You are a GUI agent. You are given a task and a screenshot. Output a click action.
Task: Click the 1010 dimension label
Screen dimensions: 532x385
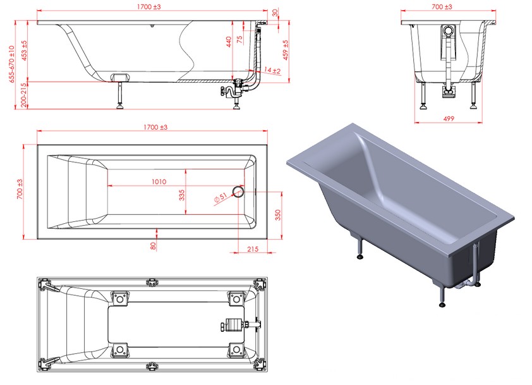point(159,181)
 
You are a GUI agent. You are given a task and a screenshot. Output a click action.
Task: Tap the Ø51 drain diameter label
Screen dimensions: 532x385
point(221,199)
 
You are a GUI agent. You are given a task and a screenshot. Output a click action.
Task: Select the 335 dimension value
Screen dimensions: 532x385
point(182,195)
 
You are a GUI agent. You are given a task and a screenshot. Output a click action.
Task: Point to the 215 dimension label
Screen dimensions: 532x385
point(253,249)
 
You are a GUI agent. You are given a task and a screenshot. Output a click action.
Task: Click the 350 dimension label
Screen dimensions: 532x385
point(278,215)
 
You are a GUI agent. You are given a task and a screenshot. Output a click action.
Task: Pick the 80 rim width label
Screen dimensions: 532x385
point(154,246)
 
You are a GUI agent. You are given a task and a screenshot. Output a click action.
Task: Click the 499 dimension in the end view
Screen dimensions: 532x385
point(449,118)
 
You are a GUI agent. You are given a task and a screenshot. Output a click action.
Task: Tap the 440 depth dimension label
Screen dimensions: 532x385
point(229,42)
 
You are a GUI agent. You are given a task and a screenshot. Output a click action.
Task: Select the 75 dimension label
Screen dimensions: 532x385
point(240,39)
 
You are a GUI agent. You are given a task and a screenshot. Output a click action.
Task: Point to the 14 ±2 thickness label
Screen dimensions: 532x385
point(272,70)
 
